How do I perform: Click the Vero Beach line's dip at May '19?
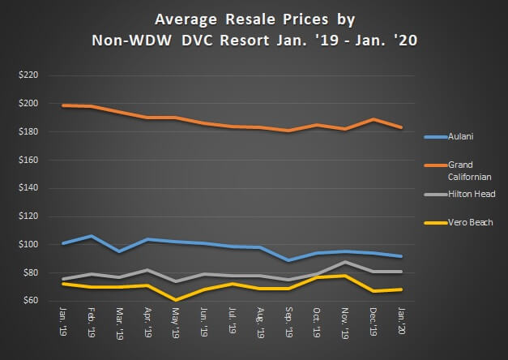tap(175, 299)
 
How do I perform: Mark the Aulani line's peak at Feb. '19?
tap(92, 236)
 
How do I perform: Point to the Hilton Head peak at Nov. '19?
tap(345, 261)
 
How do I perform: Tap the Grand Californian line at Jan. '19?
tap(63, 105)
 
